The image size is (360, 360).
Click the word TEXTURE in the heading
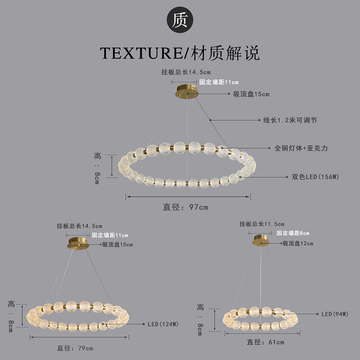pyautogui.click(x=141, y=53)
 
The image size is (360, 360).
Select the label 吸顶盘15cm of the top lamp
pyautogui.click(x=251, y=94)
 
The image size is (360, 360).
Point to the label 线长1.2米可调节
pyautogui.click(x=290, y=120)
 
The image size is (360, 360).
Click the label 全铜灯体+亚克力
pyautogui.click(x=301, y=148)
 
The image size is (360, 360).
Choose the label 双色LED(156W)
pyautogui.click(x=316, y=176)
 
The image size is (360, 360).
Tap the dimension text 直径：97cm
pyautogui.click(x=185, y=207)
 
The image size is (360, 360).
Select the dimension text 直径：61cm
pyautogui.click(x=266, y=342)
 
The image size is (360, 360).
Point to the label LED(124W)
pyautogui.click(x=162, y=324)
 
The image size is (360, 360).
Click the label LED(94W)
pyautogui.click(x=335, y=314)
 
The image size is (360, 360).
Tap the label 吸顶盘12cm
pyautogui.click(x=298, y=243)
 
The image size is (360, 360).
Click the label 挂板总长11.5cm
pyautogui.click(x=262, y=224)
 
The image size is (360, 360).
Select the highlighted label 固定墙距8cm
pyautogui.click(x=293, y=233)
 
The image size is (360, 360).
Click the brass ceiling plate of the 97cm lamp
pyautogui.click(x=187, y=91)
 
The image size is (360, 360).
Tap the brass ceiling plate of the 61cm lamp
pyautogui.click(x=260, y=240)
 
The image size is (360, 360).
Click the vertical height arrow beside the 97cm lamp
pyautogui.click(x=112, y=165)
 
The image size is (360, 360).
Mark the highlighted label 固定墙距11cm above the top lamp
pyautogui.click(x=219, y=82)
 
